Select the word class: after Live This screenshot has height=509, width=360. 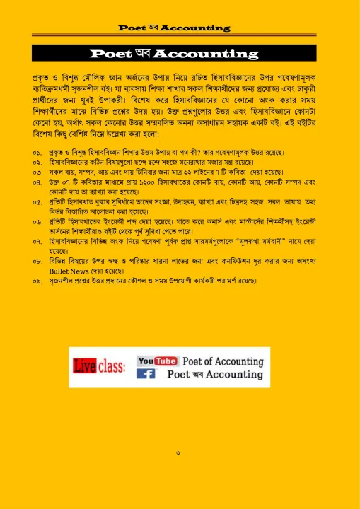112,367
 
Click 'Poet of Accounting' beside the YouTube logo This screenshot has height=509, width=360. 223,361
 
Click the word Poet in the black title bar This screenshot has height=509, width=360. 115,54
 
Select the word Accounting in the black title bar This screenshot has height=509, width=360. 206,54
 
